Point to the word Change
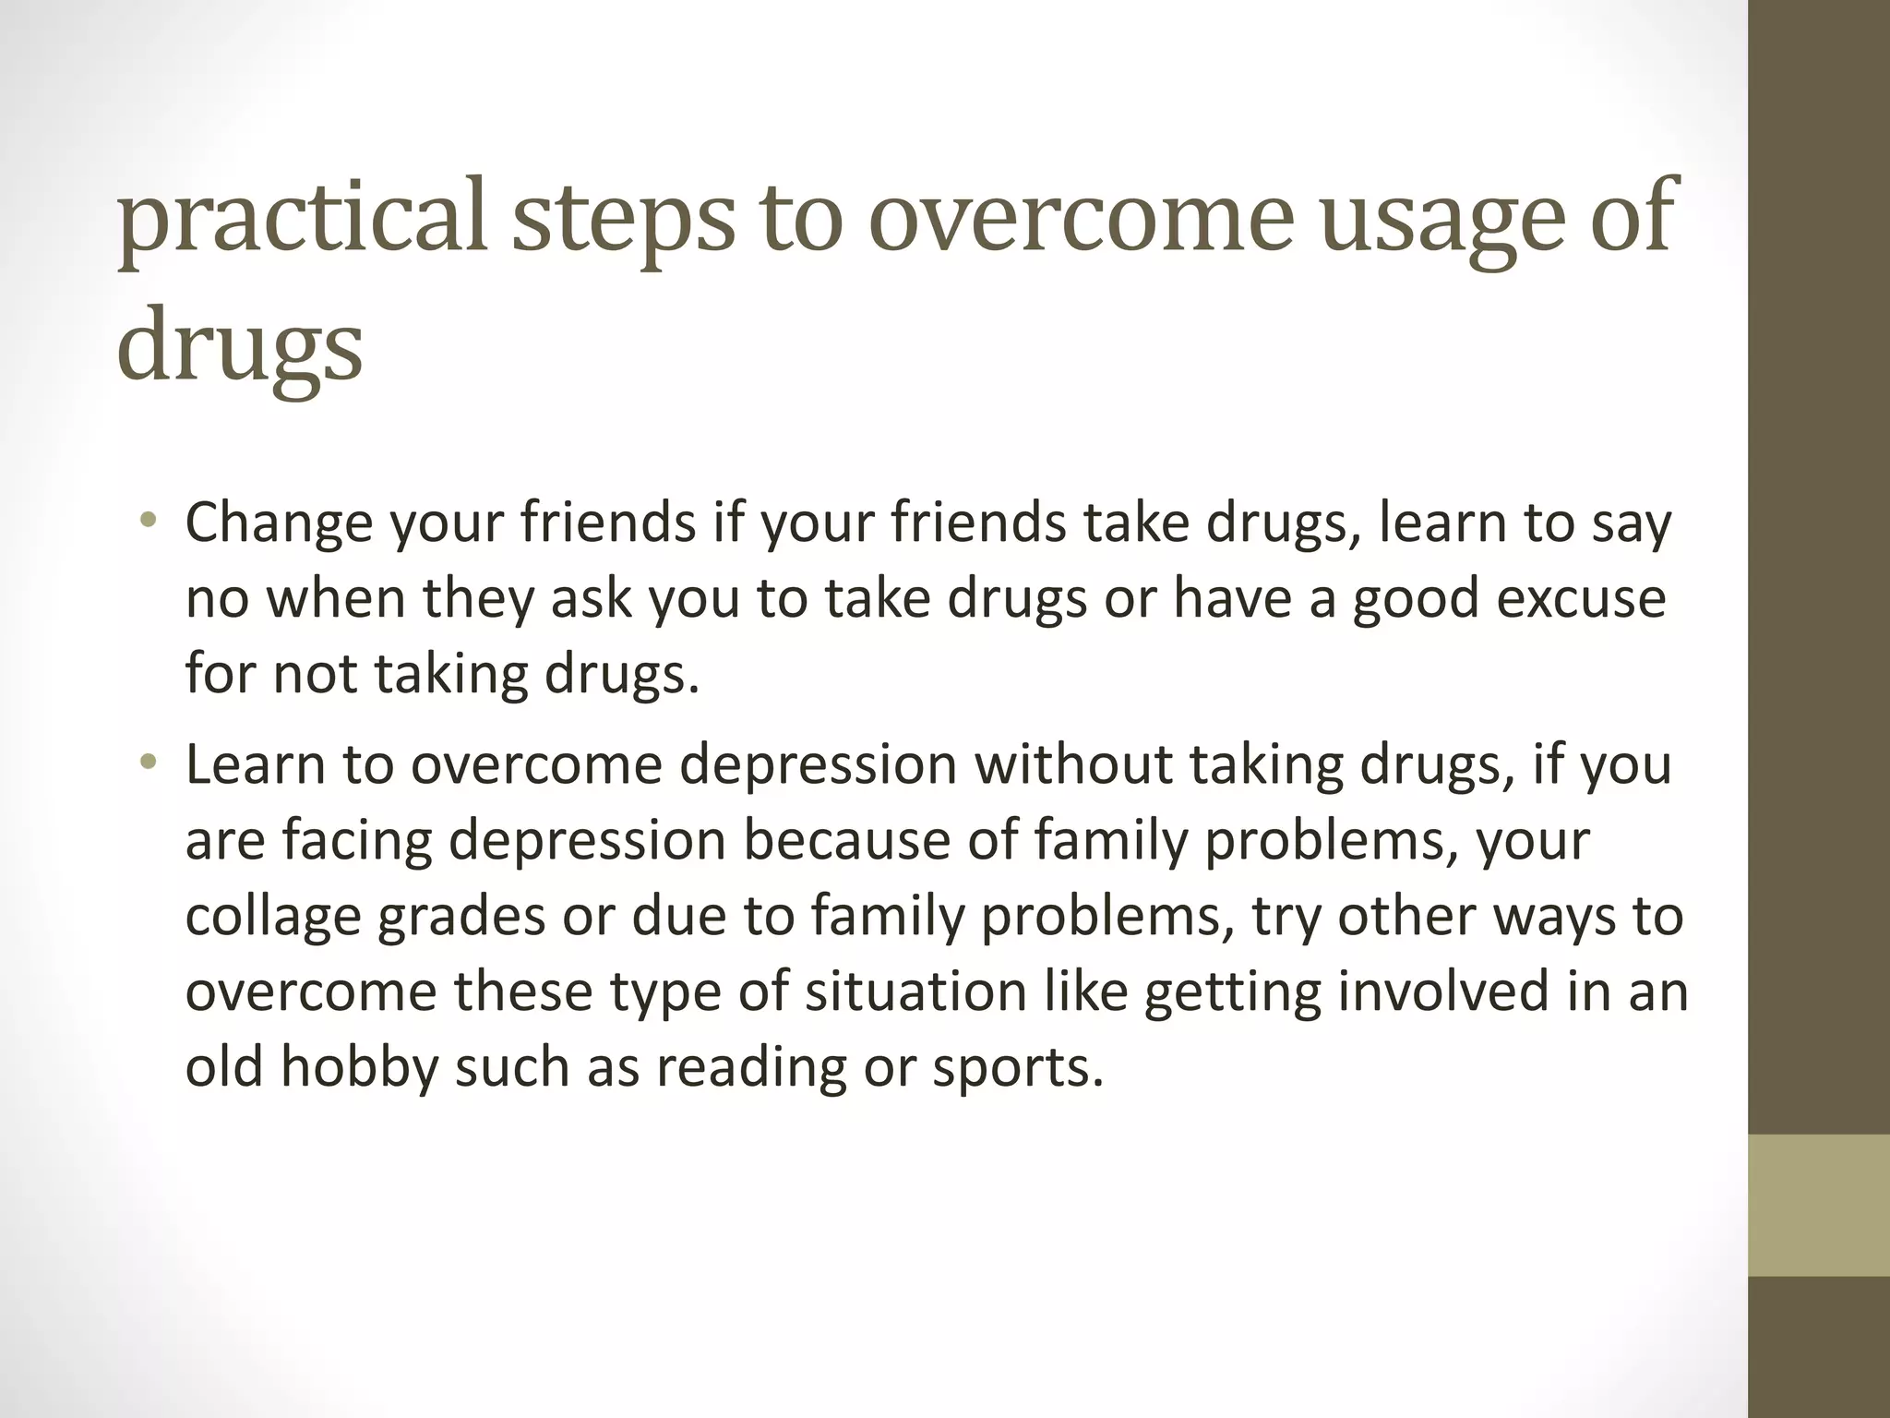coord(278,523)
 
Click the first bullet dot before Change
coord(149,522)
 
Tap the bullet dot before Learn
coord(149,763)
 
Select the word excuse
coord(1581,599)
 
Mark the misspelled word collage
coord(273,919)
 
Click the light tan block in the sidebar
coord(1819,1205)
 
